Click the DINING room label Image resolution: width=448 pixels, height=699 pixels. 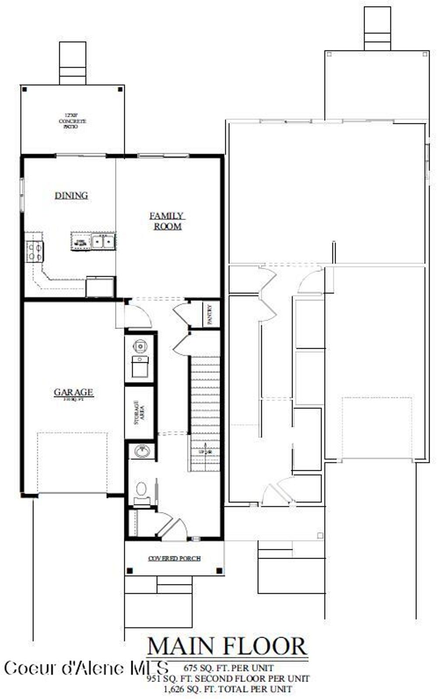coord(71,196)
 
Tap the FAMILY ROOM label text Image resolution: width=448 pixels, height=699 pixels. coord(167,221)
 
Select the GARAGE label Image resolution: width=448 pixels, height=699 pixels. coord(73,392)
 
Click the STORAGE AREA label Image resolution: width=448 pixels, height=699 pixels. coord(139,412)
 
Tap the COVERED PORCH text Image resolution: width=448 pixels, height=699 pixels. coord(174,559)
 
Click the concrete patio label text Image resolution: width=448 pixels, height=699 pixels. coord(72,121)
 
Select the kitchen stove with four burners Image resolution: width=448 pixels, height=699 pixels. coord(35,252)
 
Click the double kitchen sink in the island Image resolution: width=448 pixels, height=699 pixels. coord(103,241)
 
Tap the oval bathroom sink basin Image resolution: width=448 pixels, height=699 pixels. coord(142,451)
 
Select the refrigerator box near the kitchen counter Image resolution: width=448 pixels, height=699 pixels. coord(100,287)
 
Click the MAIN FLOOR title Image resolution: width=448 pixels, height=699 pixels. coord(227,647)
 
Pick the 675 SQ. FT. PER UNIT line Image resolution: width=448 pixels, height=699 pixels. coord(228,668)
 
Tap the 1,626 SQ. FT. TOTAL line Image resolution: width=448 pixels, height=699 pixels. coord(227,689)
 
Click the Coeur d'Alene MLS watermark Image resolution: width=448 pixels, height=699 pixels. coord(86,668)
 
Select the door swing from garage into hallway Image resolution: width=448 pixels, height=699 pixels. coord(138,316)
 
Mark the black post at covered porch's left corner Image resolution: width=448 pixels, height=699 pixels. coord(129,570)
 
